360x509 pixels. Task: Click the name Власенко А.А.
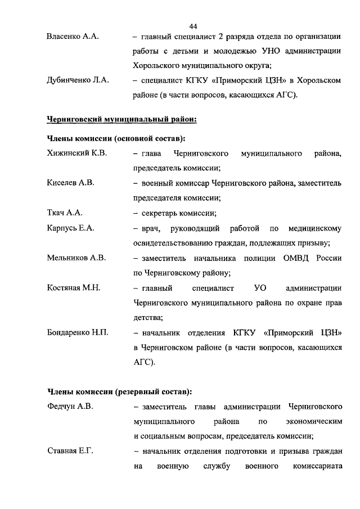coord(73,37)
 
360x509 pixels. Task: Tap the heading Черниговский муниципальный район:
coord(121,119)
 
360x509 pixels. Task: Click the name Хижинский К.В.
coord(77,153)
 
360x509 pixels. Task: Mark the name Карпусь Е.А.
coord(71,228)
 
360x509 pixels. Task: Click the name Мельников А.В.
coord(76,258)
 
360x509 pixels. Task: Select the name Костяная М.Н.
coord(74,288)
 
